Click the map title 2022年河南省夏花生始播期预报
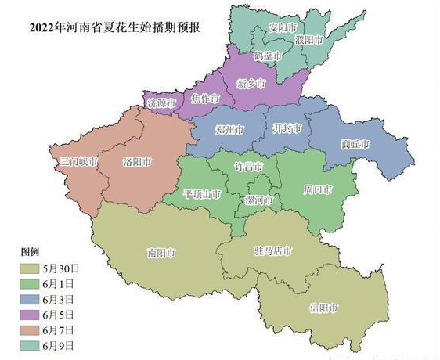click(115, 28)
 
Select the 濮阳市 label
click(308, 38)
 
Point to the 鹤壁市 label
click(269, 56)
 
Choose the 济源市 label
click(160, 103)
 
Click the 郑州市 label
click(229, 130)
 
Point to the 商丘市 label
click(355, 144)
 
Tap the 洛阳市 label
click(138, 163)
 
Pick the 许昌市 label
click(250, 168)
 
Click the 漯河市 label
click(259, 200)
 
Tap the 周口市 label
click(318, 189)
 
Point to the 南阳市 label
click(161, 254)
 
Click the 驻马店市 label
click(273, 251)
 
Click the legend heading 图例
click(30, 254)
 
